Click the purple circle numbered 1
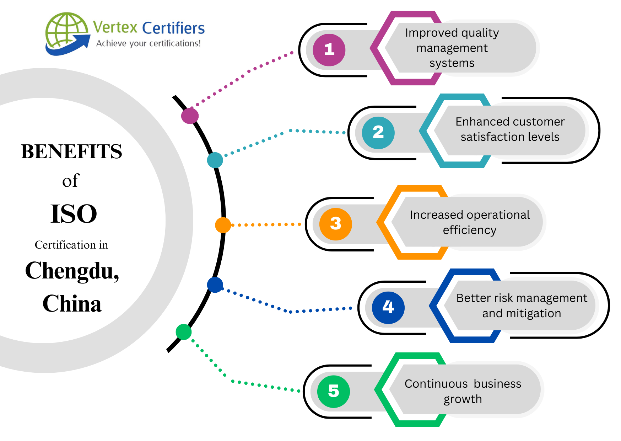pyautogui.click(x=329, y=50)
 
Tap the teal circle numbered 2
pyautogui.click(x=378, y=133)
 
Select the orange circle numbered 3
pyautogui.click(x=335, y=224)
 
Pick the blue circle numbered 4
pyautogui.click(x=388, y=307)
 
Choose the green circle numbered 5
pyautogui.click(x=333, y=391)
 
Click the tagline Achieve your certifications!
pyautogui.click(x=148, y=43)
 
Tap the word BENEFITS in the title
pyautogui.click(x=71, y=152)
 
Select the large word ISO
pyautogui.click(x=74, y=214)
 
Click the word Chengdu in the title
pyautogui.click(x=72, y=271)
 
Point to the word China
pyautogui.click(x=72, y=304)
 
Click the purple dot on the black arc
pyautogui.click(x=190, y=116)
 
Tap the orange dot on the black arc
pyautogui.click(x=223, y=225)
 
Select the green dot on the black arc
pyautogui.click(x=184, y=332)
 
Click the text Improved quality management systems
pyautogui.click(x=452, y=48)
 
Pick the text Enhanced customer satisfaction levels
pyautogui.click(x=510, y=129)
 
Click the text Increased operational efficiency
pyautogui.click(x=469, y=222)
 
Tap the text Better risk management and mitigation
pyautogui.click(x=522, y=305)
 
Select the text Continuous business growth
pyautogui.click(x=463, y=391)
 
